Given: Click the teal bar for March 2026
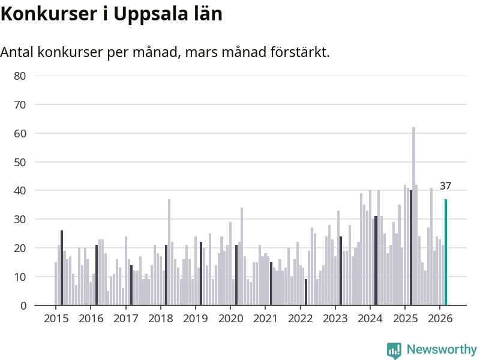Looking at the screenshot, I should pos(446,252).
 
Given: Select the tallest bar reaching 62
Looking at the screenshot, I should pos(413,216).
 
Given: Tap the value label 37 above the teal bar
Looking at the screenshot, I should pos(445,186).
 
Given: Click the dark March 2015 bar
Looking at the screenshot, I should pos(62,268).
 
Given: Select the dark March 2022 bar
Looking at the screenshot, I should pos(306,292).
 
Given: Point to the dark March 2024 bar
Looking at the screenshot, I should pos(376,260).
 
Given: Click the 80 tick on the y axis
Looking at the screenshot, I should pos(20,76).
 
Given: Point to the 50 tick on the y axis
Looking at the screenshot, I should pos(20,162).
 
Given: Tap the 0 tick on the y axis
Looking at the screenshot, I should pos(23,305).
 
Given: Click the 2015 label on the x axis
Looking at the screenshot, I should pos(56,318).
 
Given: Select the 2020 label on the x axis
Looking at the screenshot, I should pos(230,318).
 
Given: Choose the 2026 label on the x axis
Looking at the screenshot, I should pos(440,318).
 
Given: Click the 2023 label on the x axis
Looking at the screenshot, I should pos(335,318).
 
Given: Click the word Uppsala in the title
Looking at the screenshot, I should pos(145,14).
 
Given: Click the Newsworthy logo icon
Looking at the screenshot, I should pos(394,350).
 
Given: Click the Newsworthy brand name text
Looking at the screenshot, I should pos(442,349).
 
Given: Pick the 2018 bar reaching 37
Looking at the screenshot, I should pos(169,252).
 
